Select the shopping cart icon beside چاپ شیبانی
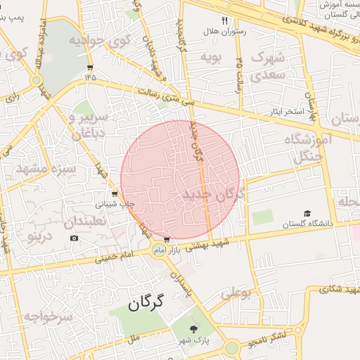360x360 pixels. (115, 193)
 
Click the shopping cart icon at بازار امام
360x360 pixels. (166, 239)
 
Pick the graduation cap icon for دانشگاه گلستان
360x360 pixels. (307, 213)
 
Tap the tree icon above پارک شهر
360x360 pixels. (194, 329)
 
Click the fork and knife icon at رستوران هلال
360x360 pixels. (226, 20)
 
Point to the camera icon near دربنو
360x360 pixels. (74, 238)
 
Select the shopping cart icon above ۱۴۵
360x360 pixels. (90, 67)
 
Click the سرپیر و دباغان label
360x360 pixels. (89, 122)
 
